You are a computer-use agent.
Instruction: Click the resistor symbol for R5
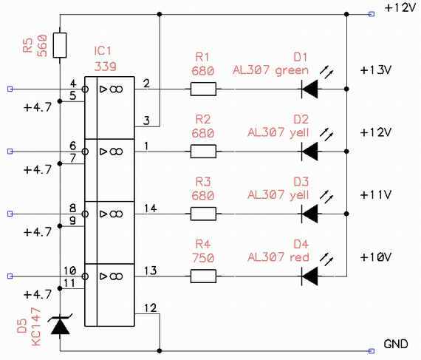pyautogui.click(x=60, y=45)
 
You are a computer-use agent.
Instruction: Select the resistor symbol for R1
pyautogui.click(x=203, y=89)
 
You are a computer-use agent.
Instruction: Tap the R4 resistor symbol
pyautogui.click(x=203, y=276)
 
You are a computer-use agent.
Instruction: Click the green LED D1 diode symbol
pyautogui.click(x=309, y=89)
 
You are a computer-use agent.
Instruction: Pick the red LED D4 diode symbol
pyautogui.click(x=309, y=276)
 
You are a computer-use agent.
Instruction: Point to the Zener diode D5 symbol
pyautogui.click(x=60, y=325)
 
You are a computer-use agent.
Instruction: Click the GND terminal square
pyautogui.click(x=372, y=351)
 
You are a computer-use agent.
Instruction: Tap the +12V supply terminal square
pyautogui.click(x=372, y=14)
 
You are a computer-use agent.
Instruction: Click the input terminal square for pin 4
pyautogui.click(x=10, y=89)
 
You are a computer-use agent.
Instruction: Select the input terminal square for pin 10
pyautogui.click(x=10, y=276)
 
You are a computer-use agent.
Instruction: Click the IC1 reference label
pyautogui.click(x=103, y=51)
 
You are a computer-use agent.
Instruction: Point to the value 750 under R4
pyautogui.click(x=203, y=258)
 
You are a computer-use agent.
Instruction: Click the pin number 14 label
pyautogui.click(x=151, y=208)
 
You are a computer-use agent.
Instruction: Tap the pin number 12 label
pyautogui.click(x=151, y=308)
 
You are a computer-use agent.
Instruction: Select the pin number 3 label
pyautogui.click(x=146, y=120)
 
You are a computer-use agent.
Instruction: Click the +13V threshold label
pyautogui.click(x=376, y=70)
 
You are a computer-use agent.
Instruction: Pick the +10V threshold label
pyautogui.click(x=376, y=257)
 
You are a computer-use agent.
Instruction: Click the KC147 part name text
pyautogui.click(x=36, y=327)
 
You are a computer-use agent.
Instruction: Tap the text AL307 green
pyautogui.click(x=270, y=70)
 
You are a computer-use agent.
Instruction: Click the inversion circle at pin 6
pyautogui.click(x=85, y=152)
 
